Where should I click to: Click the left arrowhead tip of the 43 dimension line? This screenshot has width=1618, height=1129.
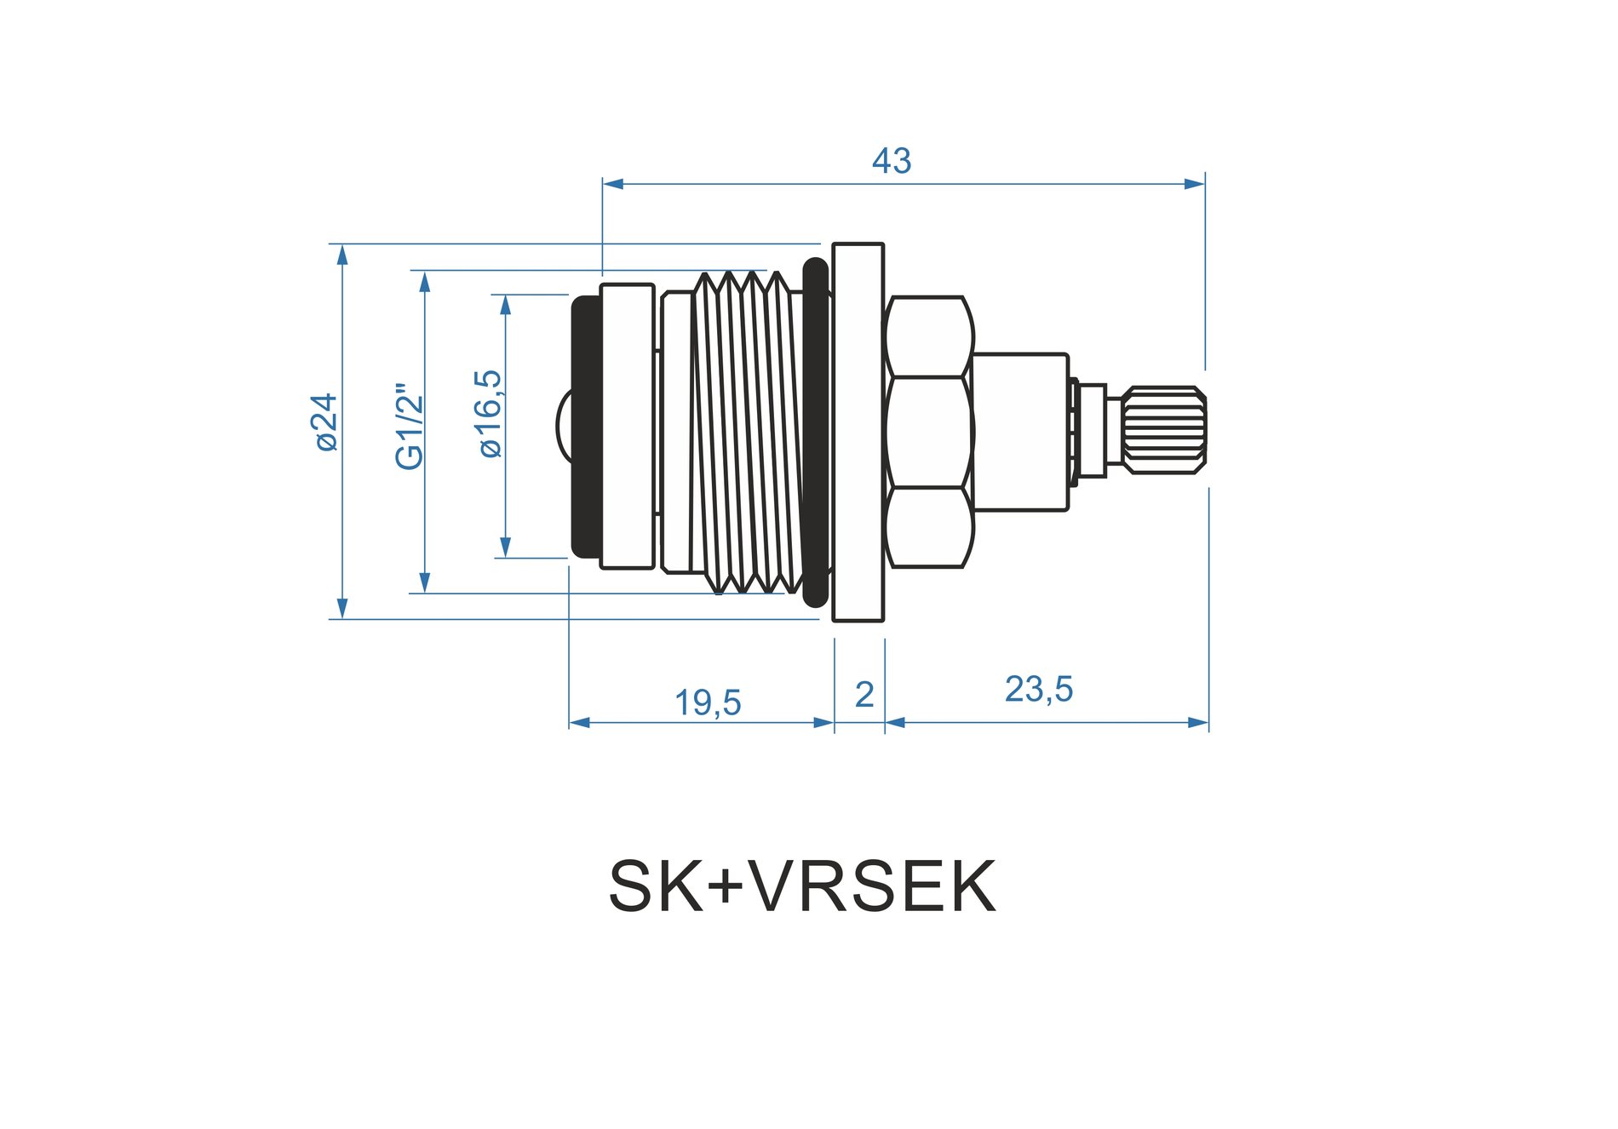pyautogui.click(x=603, y=184)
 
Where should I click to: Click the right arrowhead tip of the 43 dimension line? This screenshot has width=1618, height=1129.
pyautogui.click(x=1205, y=184)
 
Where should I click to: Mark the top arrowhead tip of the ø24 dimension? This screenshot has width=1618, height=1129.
pyautogui.click(x=342, y=244)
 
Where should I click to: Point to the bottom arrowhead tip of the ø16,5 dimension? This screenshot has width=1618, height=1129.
pyautogui.click(x=506, y=558)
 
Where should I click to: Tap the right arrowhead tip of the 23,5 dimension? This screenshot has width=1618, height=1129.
pyautogui.click(x=1208, y=723)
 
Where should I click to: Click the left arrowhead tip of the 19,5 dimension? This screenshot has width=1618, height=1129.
pyautogui.click(x=569, y=723)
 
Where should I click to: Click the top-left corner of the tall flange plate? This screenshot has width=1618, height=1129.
pyautogui.click(x=833, y=244)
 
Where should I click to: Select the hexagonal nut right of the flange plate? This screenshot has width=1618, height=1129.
pyautogui.click(x=929, y=432)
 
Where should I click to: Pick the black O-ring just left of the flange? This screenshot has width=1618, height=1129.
pyautogui.click(x=816, y=432)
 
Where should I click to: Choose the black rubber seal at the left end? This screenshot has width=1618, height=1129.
pyautogui.click(x=587, y=427)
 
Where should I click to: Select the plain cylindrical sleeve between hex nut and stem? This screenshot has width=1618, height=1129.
pyautogui.click(x=1020, y=433)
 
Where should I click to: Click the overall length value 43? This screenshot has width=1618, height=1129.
pyautogui.click(x=892, y=161)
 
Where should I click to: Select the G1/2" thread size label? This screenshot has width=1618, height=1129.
pyautogui.click(x=410, y=427)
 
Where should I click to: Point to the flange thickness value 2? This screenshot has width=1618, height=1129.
pyautogui.click(x=864, y=695)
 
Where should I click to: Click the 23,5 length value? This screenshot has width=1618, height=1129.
pyautogui.click(x=1039, y=689)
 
